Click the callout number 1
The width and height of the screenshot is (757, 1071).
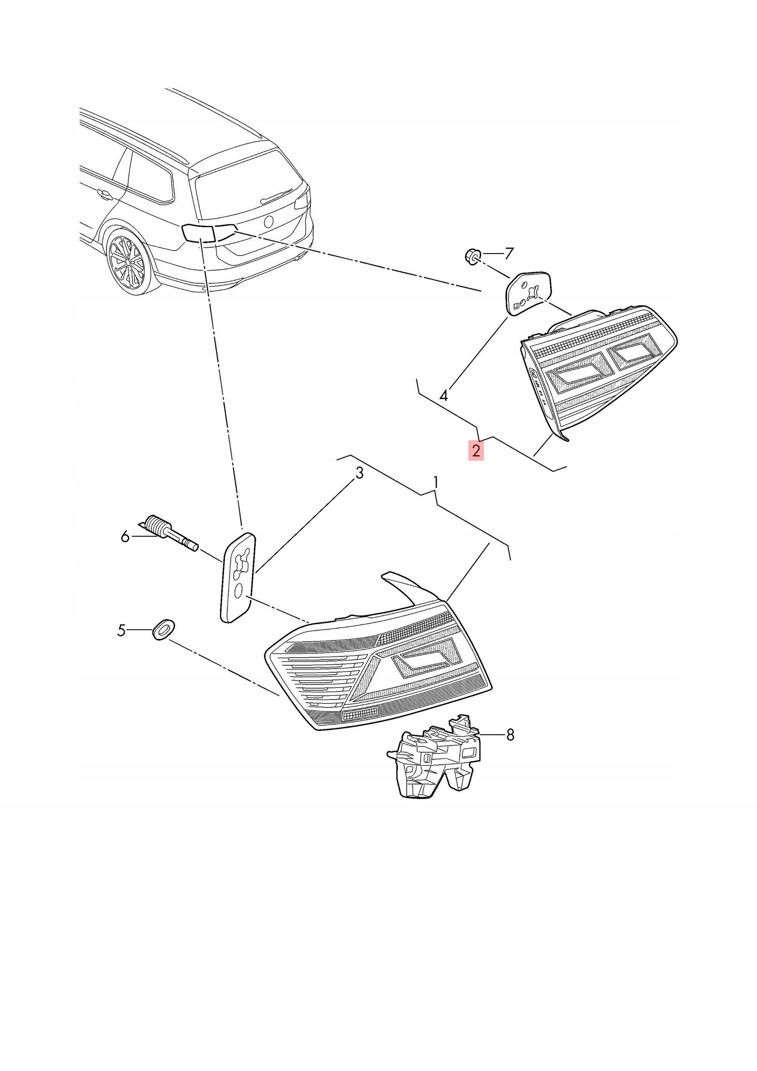[436, 483]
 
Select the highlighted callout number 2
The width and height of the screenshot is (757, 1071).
[476, 451]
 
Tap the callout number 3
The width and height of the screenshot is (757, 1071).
[359, 474]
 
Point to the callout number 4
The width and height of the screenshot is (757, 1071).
[444, 396]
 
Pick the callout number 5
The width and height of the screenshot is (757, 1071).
[122, 631]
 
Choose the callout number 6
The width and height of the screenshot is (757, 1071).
[125, 537]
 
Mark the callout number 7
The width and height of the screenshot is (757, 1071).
[509, 254]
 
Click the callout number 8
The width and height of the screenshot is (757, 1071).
[510, 735]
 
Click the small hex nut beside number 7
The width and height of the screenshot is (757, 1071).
[472, 256]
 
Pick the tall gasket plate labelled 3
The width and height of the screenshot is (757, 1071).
[238, 577]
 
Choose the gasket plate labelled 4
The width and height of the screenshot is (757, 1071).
[530, 293]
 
